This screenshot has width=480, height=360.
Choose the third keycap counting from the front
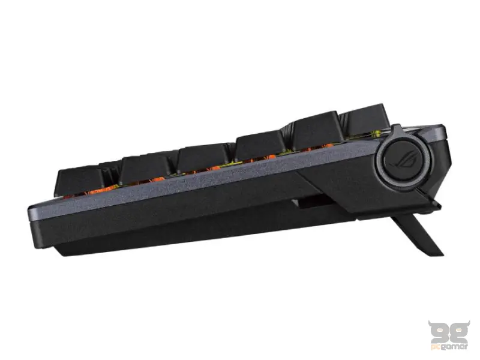204,157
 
